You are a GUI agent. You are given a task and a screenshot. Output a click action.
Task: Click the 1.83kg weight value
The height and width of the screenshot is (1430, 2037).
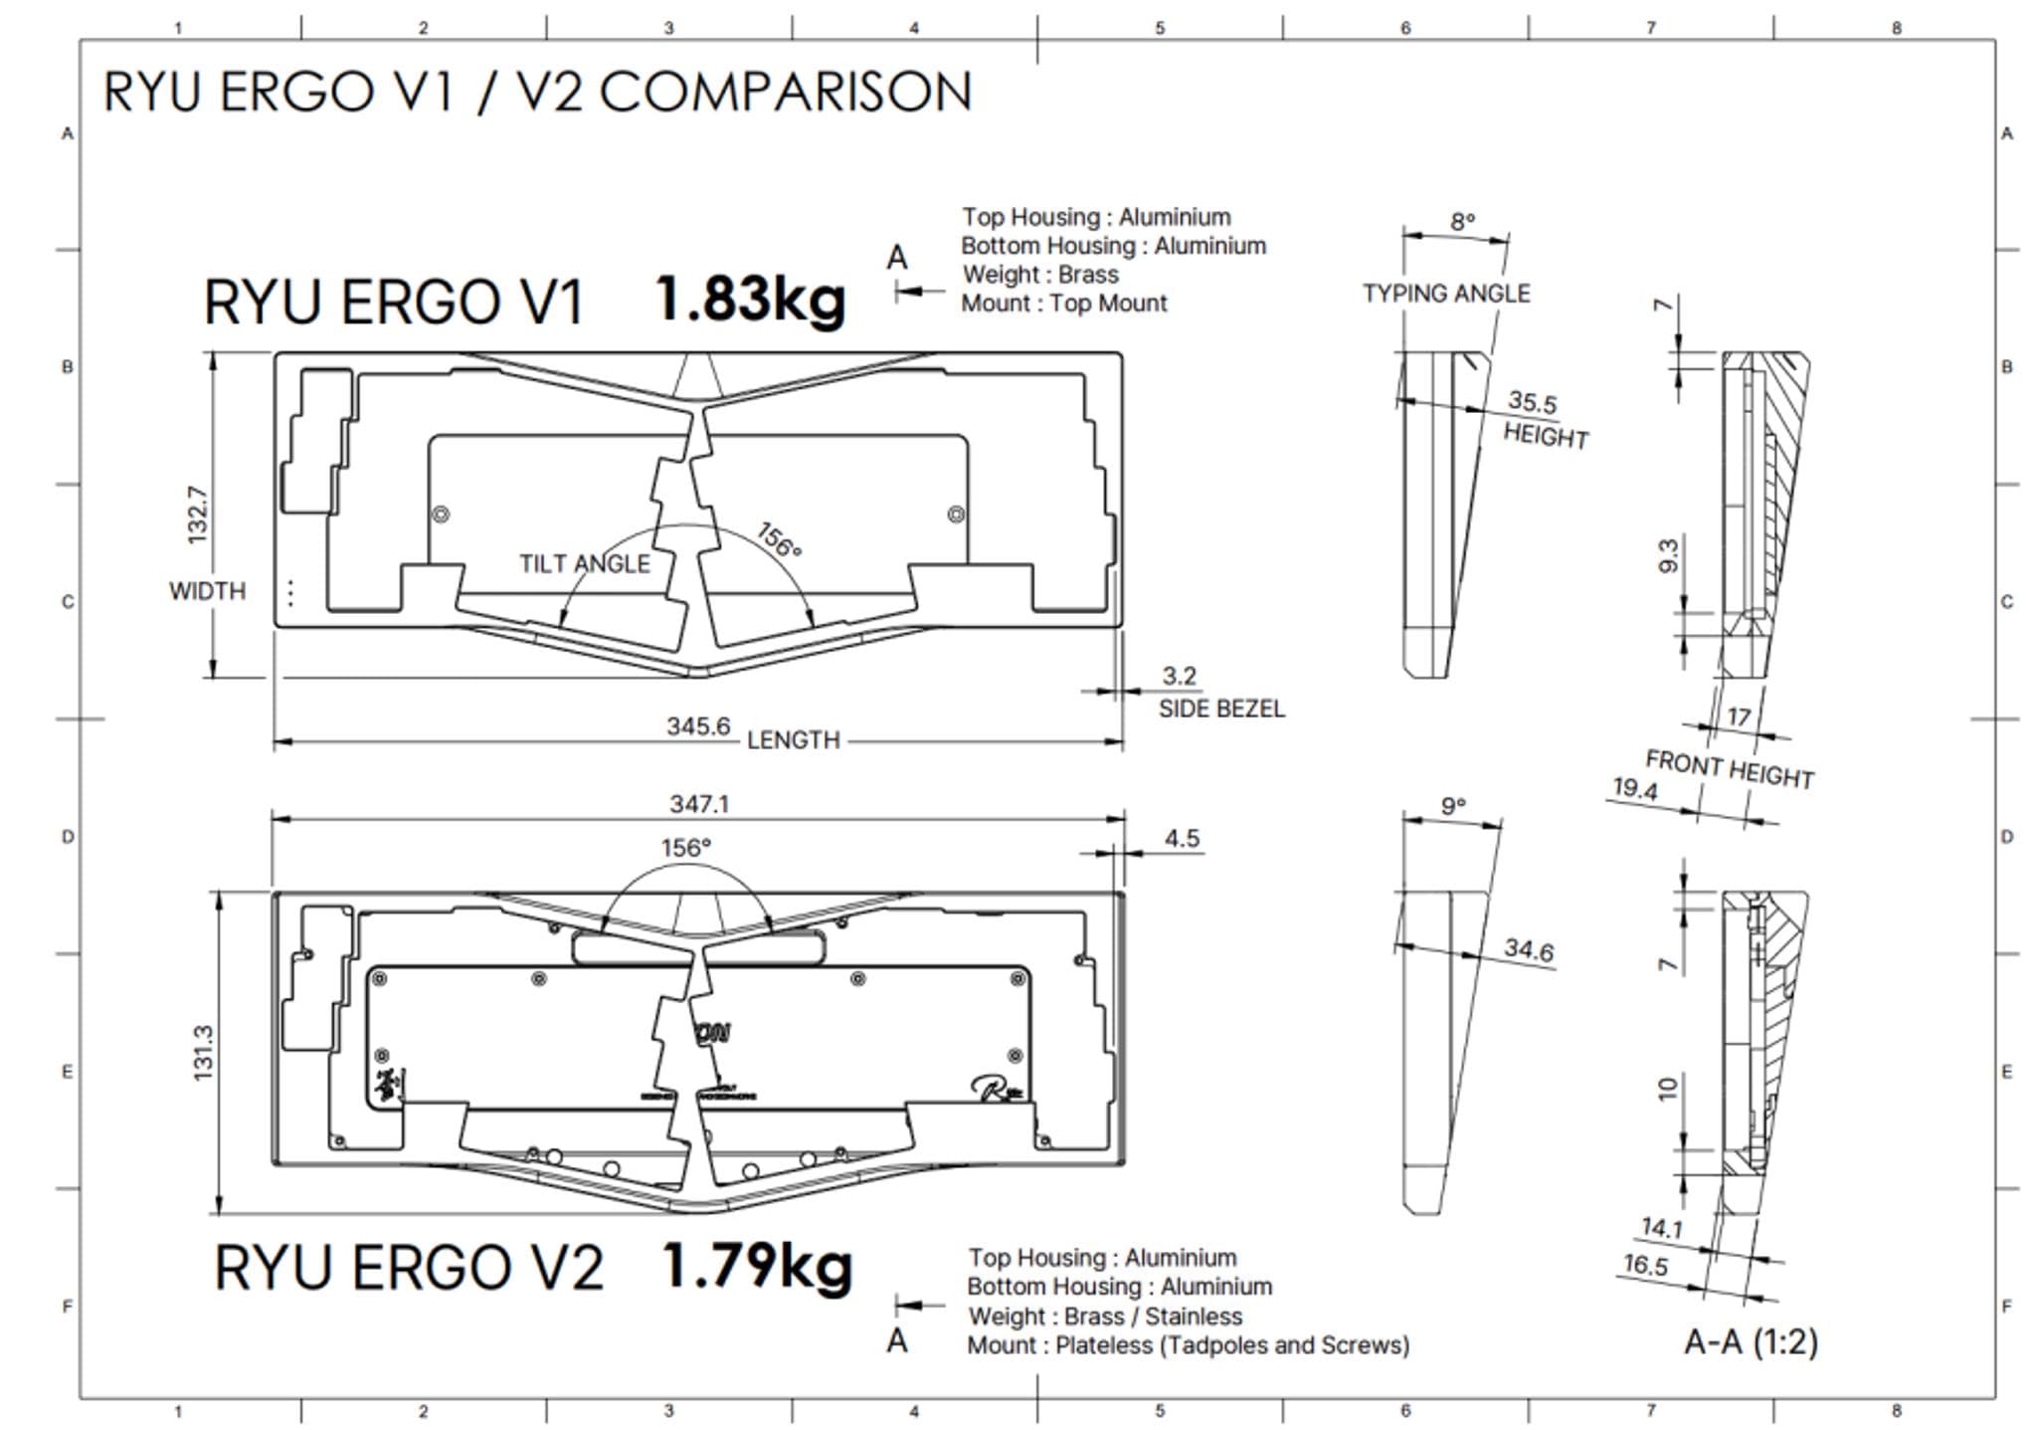click(x=750, y=299)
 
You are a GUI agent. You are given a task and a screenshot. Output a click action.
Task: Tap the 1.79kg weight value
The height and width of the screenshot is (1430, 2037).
click(x=756, y=1266)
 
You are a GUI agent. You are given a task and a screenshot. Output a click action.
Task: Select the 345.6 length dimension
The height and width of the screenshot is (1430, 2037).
click(x=698, y=726)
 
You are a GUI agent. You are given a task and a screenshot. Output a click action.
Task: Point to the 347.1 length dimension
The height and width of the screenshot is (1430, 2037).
click(x=699, y=803)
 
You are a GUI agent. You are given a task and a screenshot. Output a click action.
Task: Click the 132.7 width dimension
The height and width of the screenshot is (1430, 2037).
click(x=198, y=514)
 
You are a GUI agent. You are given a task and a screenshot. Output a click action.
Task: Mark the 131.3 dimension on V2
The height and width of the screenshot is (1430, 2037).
click(x=203, y=1052)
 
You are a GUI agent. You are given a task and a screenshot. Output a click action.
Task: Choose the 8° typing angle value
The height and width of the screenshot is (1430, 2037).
click(x=1462, y=222)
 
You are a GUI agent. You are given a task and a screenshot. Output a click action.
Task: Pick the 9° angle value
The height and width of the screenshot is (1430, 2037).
click(x=1453, y=806)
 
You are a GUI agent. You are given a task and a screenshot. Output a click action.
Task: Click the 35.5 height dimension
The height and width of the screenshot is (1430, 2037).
click(x=1532, y=402)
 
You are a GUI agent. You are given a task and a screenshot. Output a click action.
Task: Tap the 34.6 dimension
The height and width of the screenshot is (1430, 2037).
click(x=1528, y=949)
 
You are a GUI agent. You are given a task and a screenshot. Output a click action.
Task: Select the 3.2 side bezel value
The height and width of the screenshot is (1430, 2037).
click(x=1179, y=677)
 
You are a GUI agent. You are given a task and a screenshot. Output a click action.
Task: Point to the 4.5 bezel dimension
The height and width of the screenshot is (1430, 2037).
click(x=1182, y=839)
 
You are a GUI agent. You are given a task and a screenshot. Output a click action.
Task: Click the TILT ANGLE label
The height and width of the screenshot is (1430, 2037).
click(x=584, y=564)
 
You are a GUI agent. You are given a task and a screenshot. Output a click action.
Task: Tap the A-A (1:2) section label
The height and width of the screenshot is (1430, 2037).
click(x=1750, y=1342)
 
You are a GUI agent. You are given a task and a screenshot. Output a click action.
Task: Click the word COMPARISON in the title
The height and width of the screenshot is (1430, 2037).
click(x=785, y=93)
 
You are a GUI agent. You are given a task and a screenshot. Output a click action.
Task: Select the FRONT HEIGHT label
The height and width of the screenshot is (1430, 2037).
click(x=1729, y=769)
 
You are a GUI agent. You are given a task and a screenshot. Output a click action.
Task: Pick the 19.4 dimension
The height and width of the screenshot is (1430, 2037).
click(x=1634, y=789)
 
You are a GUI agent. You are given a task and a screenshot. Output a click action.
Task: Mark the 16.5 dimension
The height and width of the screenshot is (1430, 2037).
click(x=1645, y=1265)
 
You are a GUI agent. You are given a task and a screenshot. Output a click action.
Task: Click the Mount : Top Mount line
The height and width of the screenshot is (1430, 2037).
click(x=1063, y=304)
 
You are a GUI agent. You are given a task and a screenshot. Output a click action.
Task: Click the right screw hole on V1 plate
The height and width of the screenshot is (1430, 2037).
click(x=956, y=514)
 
